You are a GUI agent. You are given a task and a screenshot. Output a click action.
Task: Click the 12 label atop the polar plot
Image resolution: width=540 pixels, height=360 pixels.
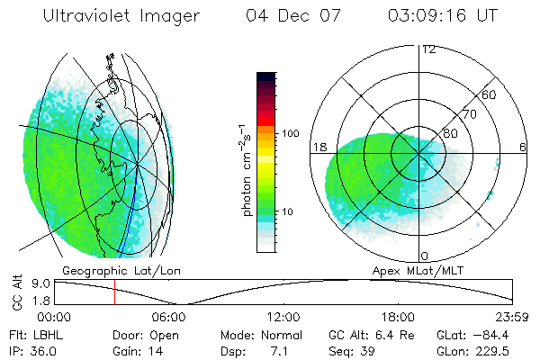(x=428, y=49)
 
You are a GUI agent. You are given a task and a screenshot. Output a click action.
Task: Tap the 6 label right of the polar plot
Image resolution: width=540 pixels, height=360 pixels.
(x=523, y=147)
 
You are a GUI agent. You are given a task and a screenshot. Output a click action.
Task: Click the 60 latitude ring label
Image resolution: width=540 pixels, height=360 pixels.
(x=490, y=95)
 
